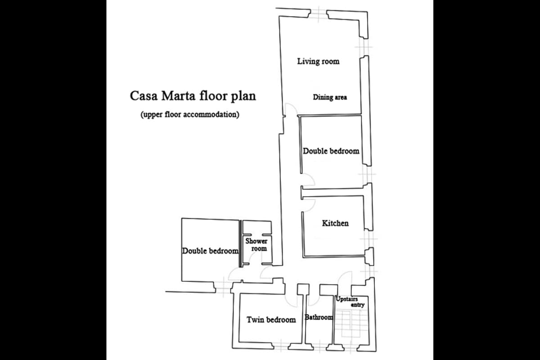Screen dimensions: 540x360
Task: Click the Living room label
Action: click(318, 61)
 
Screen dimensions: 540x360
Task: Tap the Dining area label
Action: click(330, 97)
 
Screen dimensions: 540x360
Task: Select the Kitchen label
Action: click(335, 223)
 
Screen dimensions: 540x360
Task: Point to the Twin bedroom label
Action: click(271, 320)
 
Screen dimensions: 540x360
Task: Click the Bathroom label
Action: click(319, 317)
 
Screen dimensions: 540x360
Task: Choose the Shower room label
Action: click(256, 244)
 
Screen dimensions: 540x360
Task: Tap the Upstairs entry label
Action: click(350, 301)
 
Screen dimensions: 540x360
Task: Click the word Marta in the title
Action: click(178, 96)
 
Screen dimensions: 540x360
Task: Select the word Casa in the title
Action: click(144, 96)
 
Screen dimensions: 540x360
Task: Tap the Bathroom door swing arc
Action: click(315, 301)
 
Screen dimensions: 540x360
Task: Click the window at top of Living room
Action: click(318, 14)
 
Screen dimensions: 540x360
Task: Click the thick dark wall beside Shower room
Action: click(240, 243)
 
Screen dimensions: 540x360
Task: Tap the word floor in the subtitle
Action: click(172, 114)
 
